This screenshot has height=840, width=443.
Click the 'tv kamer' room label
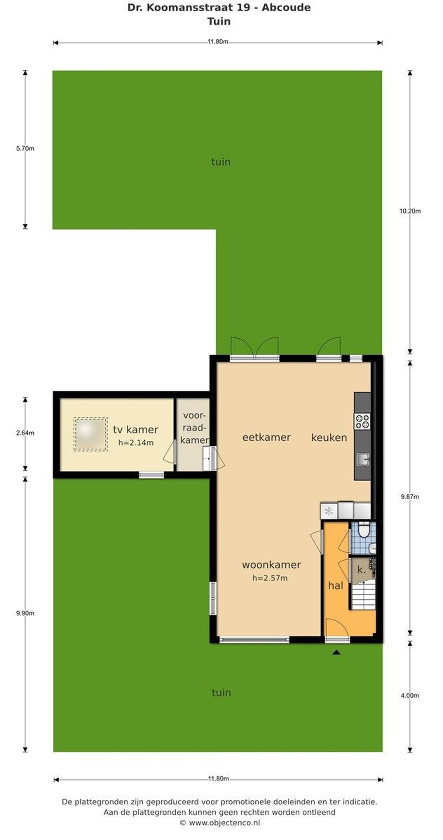coord(135,430)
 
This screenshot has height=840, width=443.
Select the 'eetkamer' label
coord(266,437)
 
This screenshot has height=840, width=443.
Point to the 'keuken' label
coord(329,437)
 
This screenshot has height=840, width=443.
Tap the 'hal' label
coord(336,585)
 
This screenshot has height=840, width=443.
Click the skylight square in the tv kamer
coord(90,434)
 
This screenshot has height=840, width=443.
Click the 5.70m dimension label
coord(25,148)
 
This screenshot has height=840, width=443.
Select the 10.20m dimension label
coord(410,211)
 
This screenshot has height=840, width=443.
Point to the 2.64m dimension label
coord(25,433)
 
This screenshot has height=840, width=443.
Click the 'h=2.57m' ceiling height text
coord(270,578)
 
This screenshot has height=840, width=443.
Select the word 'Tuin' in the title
coord(219,22)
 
